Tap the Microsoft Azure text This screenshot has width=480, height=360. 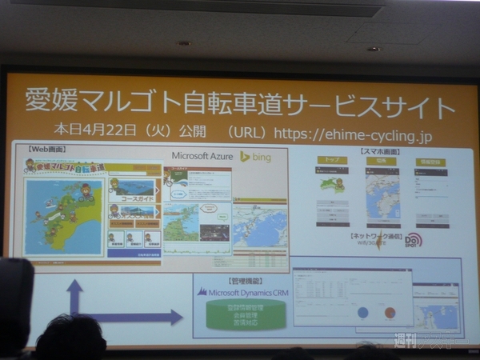click(x=202, y=157)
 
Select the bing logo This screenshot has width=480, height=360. click(x=256, y=157)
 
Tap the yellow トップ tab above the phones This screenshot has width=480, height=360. click(x=332, y=160)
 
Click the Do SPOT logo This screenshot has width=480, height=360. click(x=413, y=240)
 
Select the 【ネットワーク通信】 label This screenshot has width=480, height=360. click(x=374, y=237)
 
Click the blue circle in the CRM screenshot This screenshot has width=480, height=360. click(x=363, y=313)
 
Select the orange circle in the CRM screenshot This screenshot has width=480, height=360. click(x=390, y=313)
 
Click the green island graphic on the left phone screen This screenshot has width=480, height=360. click(x=331, y=183)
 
